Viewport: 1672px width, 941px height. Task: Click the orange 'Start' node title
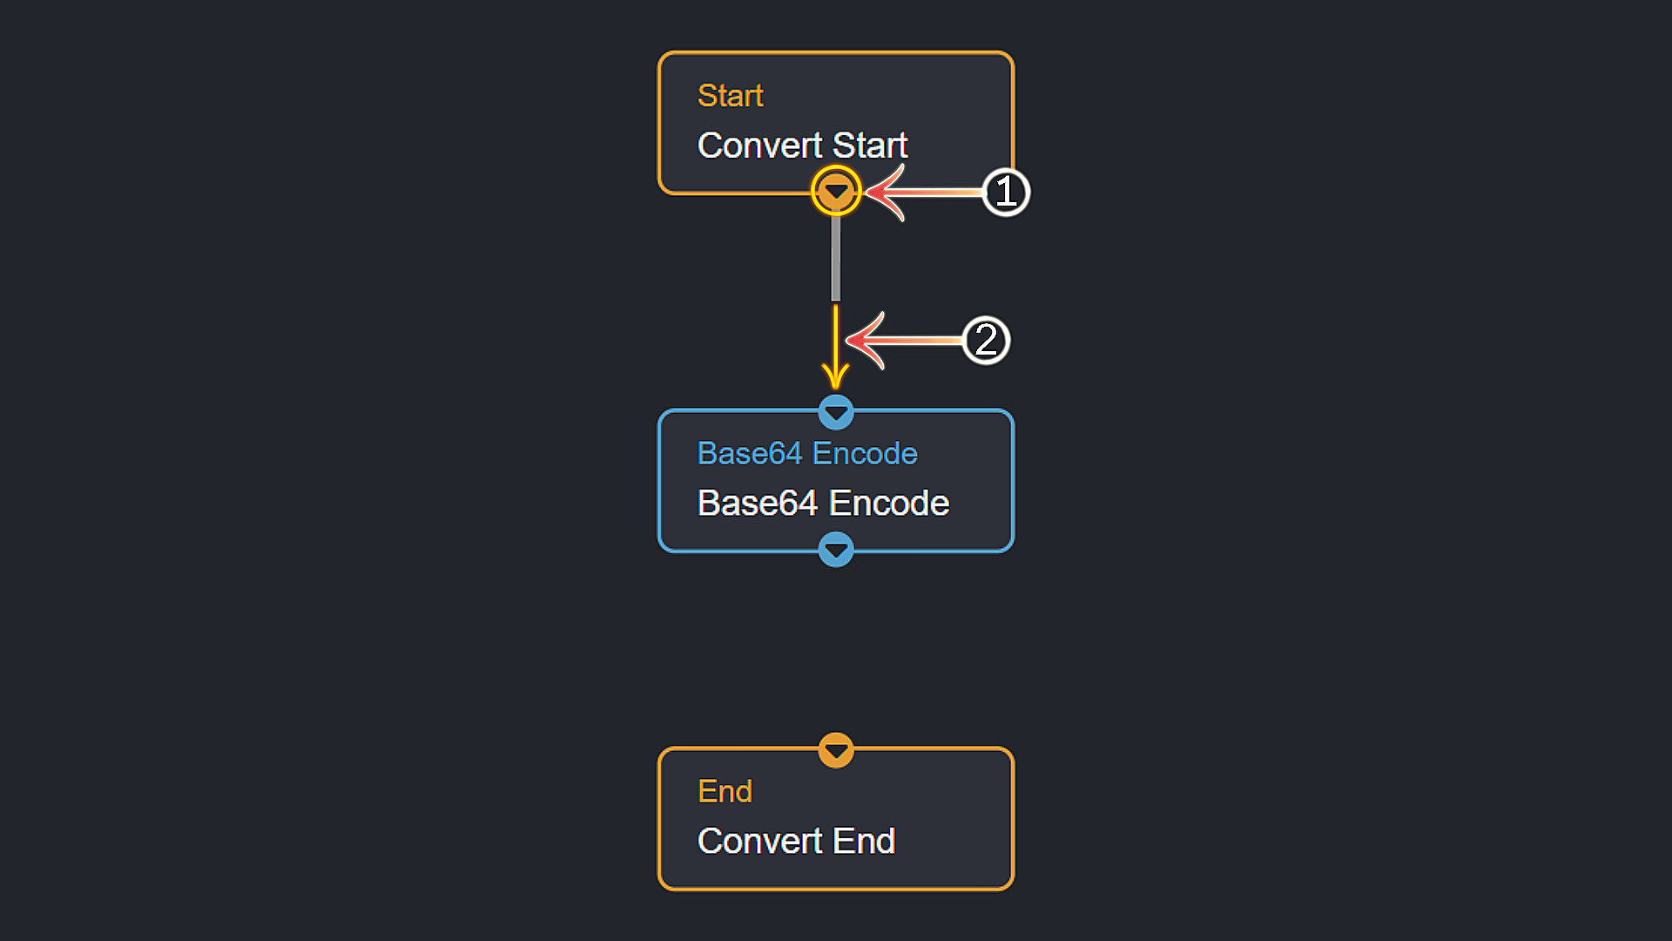730,96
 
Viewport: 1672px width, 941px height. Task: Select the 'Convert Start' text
802,146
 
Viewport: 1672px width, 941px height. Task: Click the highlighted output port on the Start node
836,191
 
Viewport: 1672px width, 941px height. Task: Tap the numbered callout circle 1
1006,192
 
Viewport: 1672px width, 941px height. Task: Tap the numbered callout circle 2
986,340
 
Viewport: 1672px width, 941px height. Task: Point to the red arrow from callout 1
923,192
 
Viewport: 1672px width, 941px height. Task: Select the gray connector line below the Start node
836,258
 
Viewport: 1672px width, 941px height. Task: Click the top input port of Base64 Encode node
836,412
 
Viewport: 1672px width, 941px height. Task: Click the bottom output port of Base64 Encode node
836,550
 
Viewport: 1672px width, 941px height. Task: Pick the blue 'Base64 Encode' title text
807,454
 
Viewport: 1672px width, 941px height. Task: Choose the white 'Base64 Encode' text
823,504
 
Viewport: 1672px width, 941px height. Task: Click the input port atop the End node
836,750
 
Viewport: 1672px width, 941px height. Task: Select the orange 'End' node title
725,791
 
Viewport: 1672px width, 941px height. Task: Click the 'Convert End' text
796,841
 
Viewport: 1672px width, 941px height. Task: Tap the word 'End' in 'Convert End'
864,841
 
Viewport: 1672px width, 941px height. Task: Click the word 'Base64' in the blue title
750,454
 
